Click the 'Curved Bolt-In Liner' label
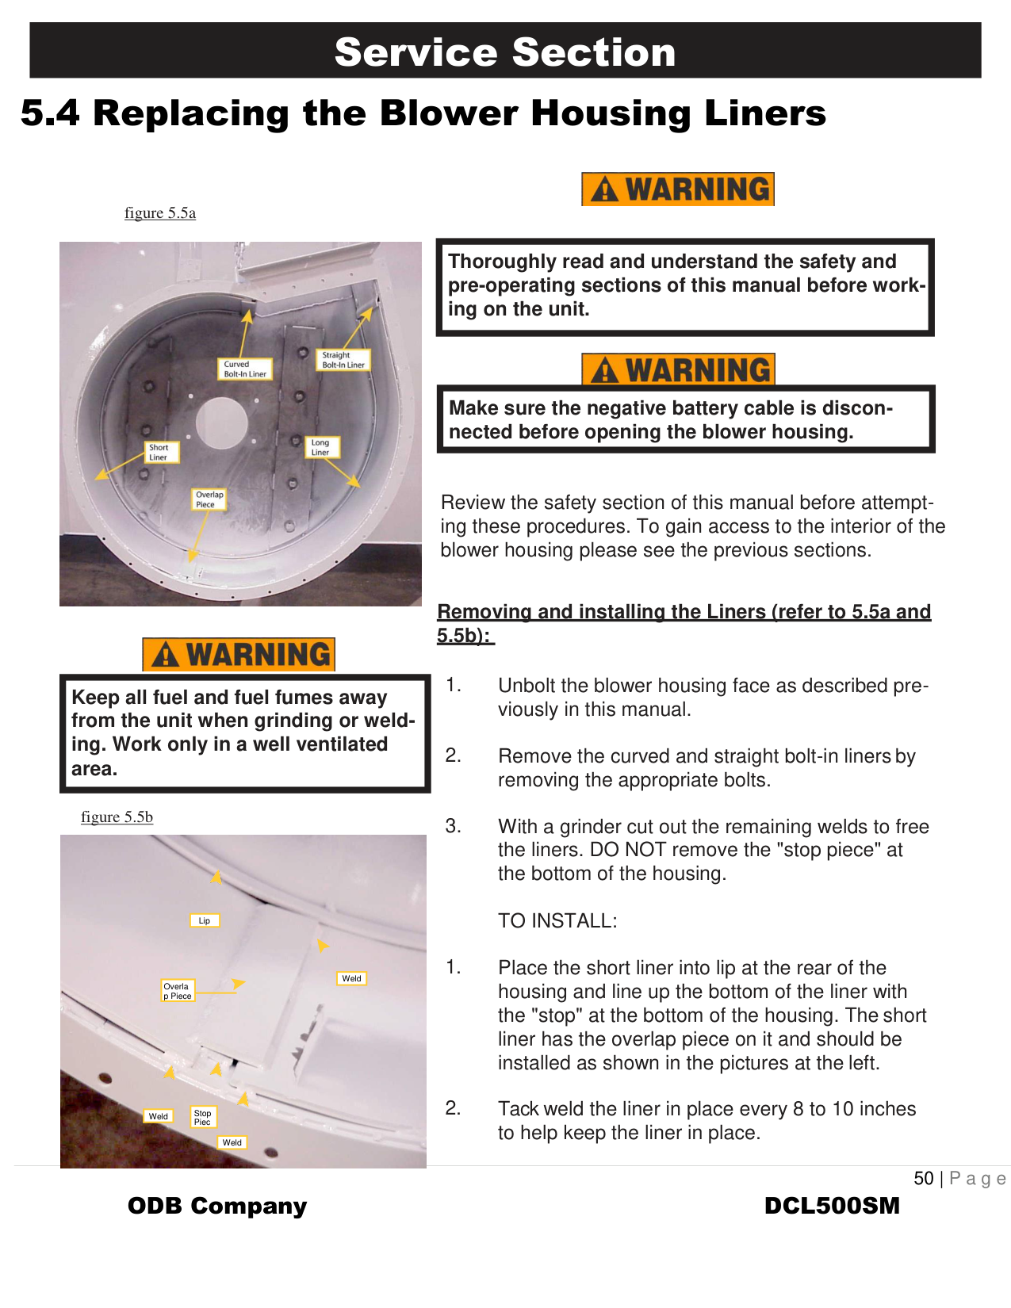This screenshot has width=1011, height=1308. click(x=245, y=369)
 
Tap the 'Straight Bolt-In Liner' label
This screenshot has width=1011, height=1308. click(x=343, y=360)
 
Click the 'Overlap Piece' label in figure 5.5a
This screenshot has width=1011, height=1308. click(x=209, y=499)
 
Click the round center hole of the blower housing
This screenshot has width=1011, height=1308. click(x=223, y=422)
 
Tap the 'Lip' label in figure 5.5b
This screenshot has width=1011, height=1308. click(x=205, y=920)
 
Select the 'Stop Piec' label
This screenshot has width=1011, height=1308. click(x=203, y=1117)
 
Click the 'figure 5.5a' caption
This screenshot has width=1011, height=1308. click(x=160, y=213)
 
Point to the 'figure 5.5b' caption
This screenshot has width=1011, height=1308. click(x=117, y=817)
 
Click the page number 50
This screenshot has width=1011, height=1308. click(x=924, y=1179)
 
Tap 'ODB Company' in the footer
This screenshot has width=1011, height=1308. click(x=217, y=1206)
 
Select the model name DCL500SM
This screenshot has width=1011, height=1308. click(x=832, y=1206)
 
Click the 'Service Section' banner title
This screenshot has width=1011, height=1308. click(x=505, y=52)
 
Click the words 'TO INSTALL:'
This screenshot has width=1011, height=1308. click(x=557, y=921)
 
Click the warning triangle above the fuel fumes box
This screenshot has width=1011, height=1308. click(x=166, y=656)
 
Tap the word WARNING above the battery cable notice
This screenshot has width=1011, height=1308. click(x=698, y=370)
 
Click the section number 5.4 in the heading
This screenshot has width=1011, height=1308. click(x=50, y=113)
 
